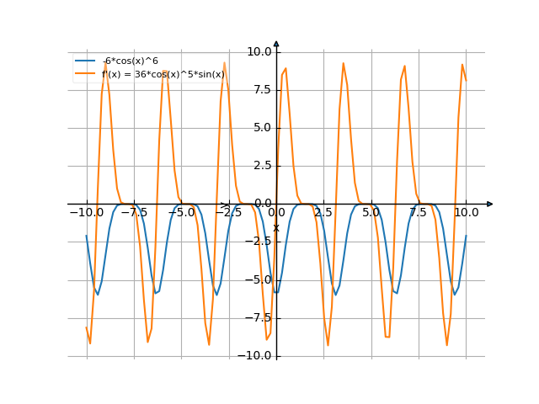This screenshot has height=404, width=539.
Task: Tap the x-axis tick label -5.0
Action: coord(181,214)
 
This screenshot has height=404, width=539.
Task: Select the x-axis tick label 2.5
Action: coord(323,214)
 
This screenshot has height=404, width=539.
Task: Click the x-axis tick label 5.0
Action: coord(371,214)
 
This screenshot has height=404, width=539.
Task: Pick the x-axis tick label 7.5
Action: coord(419,214)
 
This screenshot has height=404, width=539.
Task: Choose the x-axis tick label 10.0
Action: coord(466,214)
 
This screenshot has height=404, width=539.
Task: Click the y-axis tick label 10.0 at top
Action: coord(259,51)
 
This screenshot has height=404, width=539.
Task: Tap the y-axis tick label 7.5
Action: coord(262,89)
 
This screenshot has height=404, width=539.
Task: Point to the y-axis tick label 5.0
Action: coord(262,128)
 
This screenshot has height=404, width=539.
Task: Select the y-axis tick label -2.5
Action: coord(259,242)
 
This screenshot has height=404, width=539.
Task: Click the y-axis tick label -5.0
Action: coord(259,280)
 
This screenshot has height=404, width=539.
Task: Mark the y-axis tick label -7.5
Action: coord(259,318)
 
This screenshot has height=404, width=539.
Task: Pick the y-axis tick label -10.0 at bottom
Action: coord(257,356)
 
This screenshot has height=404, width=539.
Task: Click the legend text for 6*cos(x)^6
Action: coord(131,61)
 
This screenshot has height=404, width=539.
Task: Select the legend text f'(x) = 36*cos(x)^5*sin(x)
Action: coord(163,74)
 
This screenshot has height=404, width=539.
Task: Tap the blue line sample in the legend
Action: coord(85,61)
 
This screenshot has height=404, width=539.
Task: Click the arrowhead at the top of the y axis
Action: coord(276,44)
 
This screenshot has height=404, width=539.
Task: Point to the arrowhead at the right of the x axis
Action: coord(489,204)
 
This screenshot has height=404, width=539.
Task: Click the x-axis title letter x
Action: coord(275,228)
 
